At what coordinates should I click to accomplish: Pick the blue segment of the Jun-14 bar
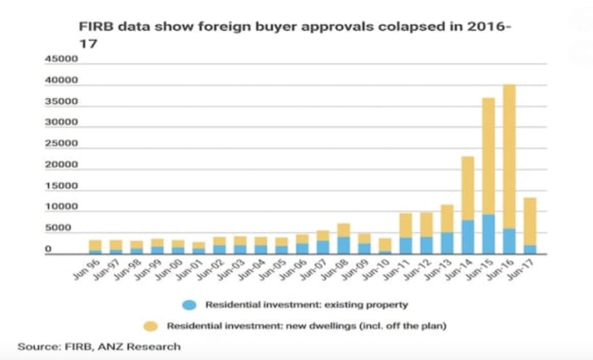tap(468, 236)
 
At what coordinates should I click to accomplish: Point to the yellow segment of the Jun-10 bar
tap(385, 244)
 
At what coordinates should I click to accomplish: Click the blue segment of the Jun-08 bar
tap(343, 244)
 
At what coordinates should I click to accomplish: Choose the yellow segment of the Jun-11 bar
tap(405, 225)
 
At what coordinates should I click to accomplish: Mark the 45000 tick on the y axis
tap(61, 59)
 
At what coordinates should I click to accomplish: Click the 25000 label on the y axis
tap(61, 143)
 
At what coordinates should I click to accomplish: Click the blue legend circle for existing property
tap(189, 305)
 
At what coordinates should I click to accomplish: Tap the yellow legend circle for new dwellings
tap(150, 326)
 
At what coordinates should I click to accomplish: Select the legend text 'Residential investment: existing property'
tap(307, 305)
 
